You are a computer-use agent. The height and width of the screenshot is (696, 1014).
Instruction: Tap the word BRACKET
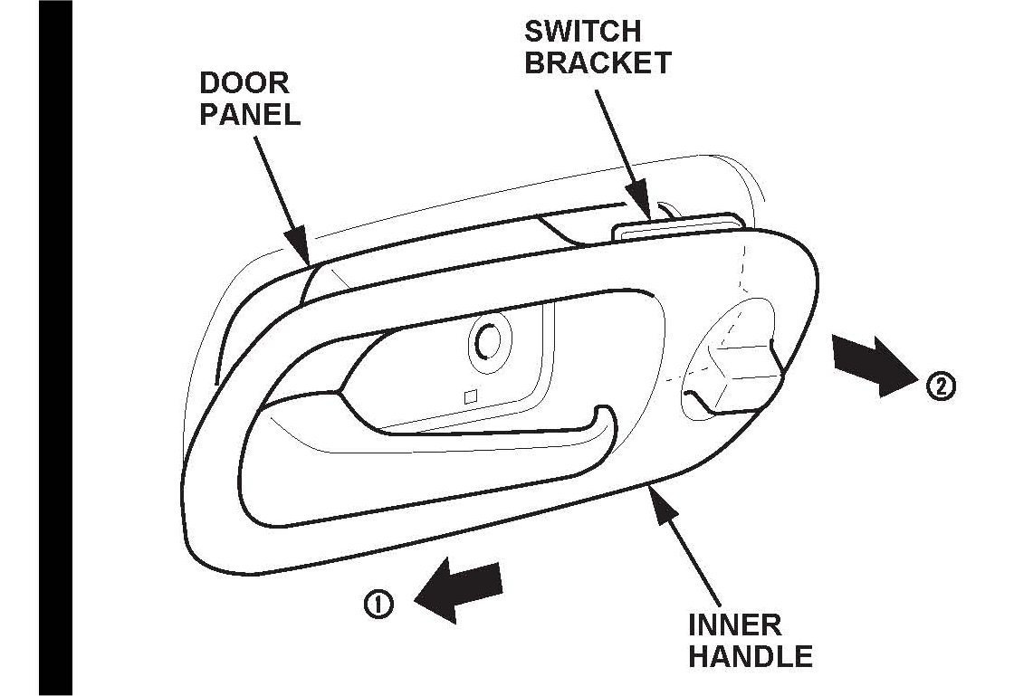pyautogui.click(x=598, y=62)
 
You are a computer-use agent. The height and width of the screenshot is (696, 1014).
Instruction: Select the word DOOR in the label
pyautogui.click(x=244, y=83)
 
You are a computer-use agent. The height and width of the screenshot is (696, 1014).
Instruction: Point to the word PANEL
pyautogui.click(x=250, y=115)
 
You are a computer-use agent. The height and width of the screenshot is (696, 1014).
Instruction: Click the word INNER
pyautogui.click(x=735, y=624)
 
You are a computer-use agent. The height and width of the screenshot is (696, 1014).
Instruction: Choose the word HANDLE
pyautogui.click(x=751, y=656)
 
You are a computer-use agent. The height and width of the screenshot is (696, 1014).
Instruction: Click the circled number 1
pyautogui.click(x=378, y=605)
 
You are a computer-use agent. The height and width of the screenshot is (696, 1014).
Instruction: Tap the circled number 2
pyautogui.click(x=941, y=386)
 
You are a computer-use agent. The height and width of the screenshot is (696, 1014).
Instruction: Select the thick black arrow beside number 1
pyautogui.click(x=457, y=589)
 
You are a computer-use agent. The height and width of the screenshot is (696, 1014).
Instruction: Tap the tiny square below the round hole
pyautogui.click(x=469, y=396)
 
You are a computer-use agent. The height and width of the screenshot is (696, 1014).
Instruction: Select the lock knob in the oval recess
pyautogui.click(x=738, y=371)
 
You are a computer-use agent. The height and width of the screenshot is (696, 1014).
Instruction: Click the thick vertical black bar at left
pyautogui.click(x=55, y=348)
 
